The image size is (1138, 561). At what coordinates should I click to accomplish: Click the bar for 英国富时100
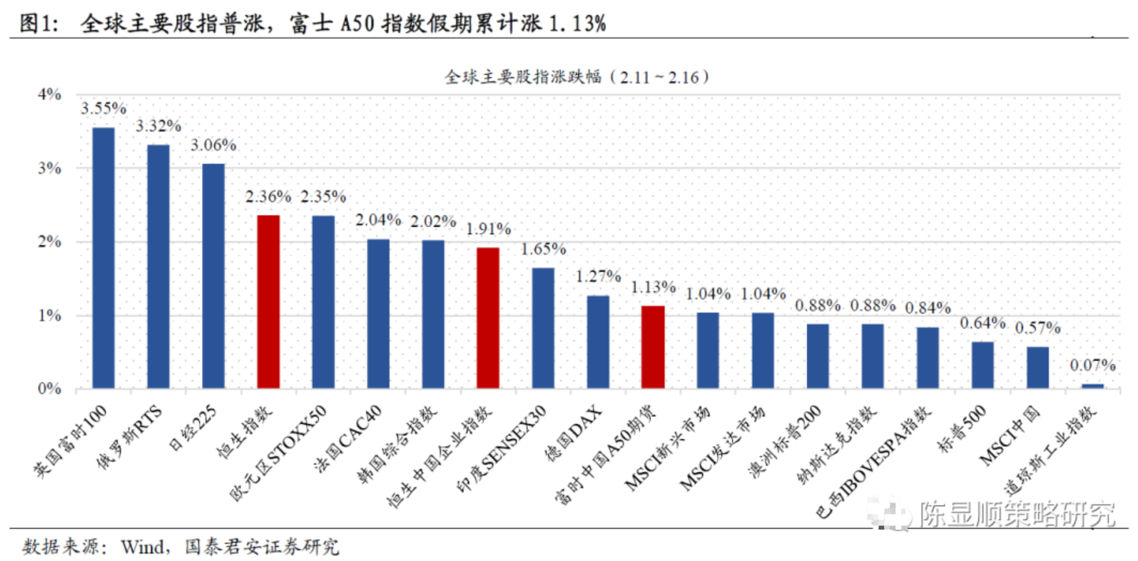click(103, 258)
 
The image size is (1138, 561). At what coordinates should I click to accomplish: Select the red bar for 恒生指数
click(268, 301)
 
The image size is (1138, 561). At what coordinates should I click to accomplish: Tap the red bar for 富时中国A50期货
click(653, 347)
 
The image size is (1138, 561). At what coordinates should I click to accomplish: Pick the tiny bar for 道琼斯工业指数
click(1092, 386)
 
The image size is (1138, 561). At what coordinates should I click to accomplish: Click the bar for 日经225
click(213, 276)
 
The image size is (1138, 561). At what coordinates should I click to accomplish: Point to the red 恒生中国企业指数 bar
click(488, 318)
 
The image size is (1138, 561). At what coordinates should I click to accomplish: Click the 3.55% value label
click(103, 108)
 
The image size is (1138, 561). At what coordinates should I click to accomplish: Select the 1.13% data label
click(653, 287)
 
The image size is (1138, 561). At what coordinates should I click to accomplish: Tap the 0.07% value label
click(1092, 365)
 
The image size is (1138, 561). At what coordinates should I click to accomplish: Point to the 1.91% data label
click(489, 229)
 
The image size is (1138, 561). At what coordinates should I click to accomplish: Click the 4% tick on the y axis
click(49, 94)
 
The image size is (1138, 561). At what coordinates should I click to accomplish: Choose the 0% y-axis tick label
click(49, 389)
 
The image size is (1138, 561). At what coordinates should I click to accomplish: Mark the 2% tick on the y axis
click(49, 242)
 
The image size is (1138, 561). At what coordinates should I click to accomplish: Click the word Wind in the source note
click(143, 547)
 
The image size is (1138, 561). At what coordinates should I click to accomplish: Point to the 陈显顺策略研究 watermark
click(1016, 514)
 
